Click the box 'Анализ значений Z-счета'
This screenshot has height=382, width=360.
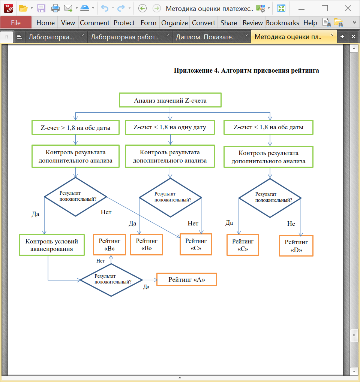tap(170, 100)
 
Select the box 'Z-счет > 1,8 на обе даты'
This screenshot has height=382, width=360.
tap(76, 127)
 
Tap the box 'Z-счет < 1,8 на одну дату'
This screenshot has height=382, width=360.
tap(170, 127)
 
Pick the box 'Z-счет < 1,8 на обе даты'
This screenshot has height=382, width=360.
tap(268, 127)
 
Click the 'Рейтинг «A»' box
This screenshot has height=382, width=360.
tap(187, 279)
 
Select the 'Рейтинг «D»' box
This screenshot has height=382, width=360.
tap(296, 246)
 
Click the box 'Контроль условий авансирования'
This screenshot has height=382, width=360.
tap(52, 245)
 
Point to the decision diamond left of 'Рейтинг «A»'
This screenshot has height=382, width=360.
tap(111, 280)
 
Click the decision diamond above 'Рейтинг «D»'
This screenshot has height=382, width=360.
tap(270, 198)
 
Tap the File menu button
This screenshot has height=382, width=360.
tap(16, 22)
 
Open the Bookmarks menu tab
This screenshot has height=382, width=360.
tap(282, 22)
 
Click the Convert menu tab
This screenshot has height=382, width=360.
tap(203, 22)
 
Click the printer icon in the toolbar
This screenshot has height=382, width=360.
tap(55, 9)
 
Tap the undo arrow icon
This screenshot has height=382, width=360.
tap(105, 9)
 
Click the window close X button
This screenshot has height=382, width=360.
tap(348, 9)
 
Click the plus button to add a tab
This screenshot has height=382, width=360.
tap(342, 37)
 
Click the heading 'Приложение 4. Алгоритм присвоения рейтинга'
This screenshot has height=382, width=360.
tap(246, 70)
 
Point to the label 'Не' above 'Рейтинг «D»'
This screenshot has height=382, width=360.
tap(291, 224)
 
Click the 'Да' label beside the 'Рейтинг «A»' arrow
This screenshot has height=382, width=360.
tap(146, 286)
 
